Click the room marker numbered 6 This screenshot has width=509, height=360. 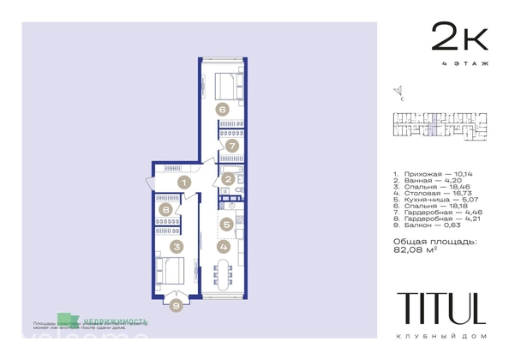pos(221,109)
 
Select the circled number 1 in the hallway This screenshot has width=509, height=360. pos(183,182)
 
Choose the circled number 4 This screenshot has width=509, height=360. pos(224,247)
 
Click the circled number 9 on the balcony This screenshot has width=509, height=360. pos(177,303)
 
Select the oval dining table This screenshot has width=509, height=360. pos(224,276)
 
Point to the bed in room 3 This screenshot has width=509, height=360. pos(171,273)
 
